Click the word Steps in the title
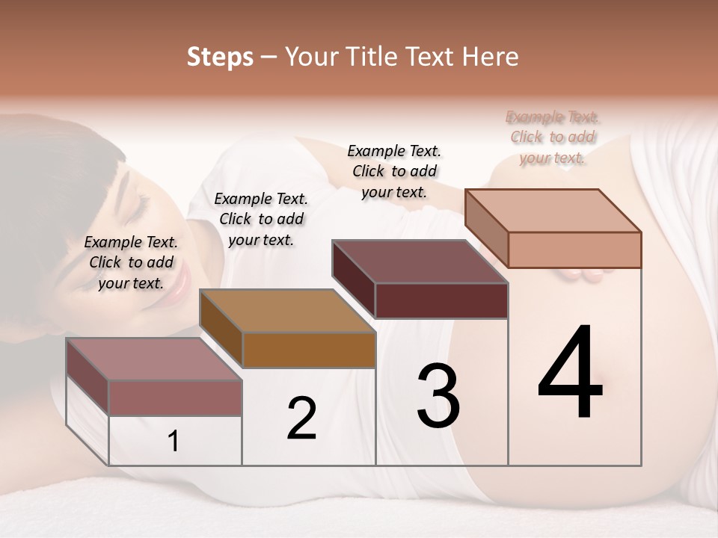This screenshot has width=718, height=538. pos(220,57)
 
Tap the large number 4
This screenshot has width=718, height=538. pos(571,374)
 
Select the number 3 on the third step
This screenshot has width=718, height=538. pos(438,397)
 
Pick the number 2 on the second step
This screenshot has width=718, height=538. pos(301,419)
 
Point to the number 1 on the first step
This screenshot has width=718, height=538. pos(174,442)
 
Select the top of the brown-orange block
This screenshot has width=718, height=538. pos(287,311)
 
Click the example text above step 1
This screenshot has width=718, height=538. pos(131,262)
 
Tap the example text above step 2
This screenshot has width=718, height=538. pos(261,219)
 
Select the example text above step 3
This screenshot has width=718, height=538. pos(394,171)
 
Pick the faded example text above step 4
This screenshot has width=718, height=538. pos(553,137)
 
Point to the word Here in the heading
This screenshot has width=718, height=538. pos(491,57)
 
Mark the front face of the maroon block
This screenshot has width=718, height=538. pos(441,300)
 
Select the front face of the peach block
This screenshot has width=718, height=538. pos(574,250)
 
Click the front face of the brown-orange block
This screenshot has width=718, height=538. pos(309,350)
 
